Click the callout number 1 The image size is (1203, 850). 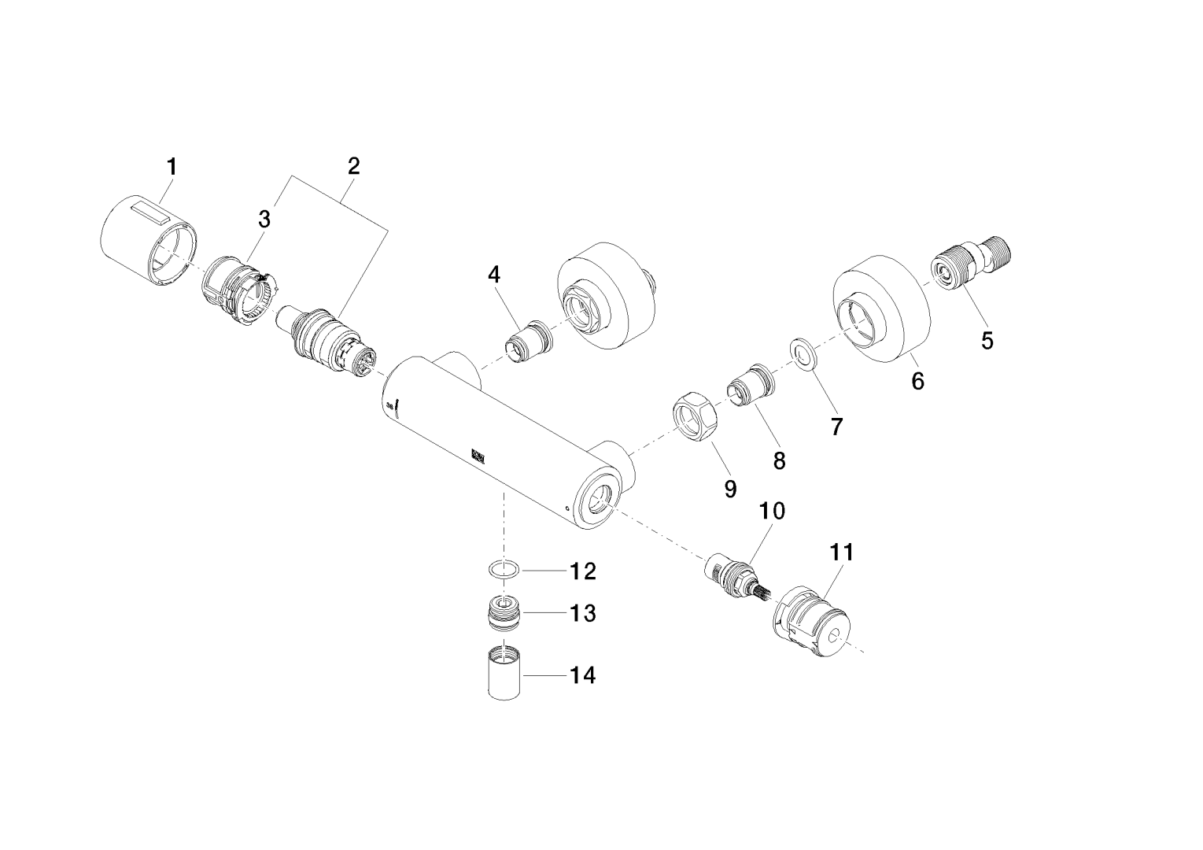(171, 167)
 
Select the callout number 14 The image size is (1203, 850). (582, 675)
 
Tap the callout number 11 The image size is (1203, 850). (841, 552)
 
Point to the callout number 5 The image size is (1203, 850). (987, 341)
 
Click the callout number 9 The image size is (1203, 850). (730, 489)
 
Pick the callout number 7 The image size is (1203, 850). (836, 427)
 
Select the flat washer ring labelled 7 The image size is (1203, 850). (803, 354)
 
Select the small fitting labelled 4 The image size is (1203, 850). (527, 342)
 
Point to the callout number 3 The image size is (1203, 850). (264, 220)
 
